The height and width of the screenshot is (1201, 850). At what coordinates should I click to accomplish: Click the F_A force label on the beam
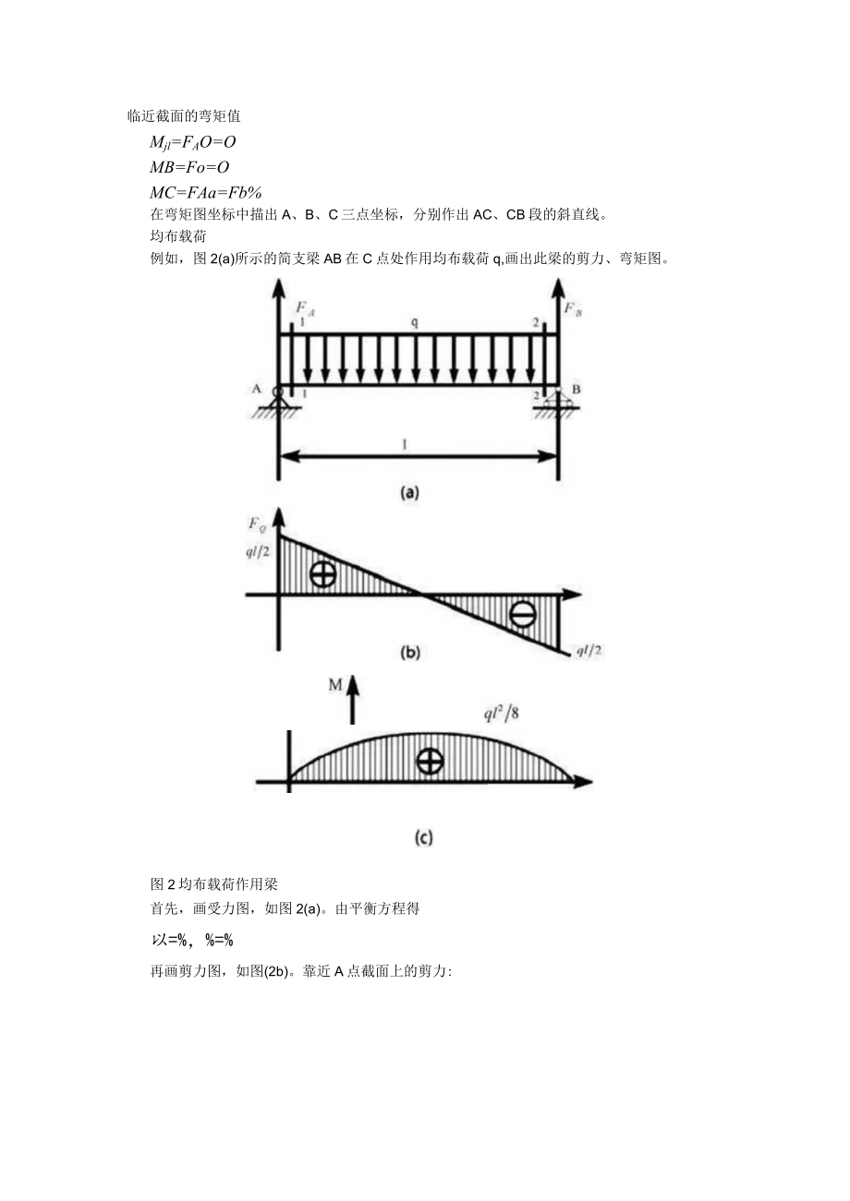pyautogui.click(x=305, y=311)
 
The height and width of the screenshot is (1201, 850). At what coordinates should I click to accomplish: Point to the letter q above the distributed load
pyautogui.click(x=415, y=323)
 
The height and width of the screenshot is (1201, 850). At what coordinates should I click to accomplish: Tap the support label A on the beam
pyautogui.click(x=257, y=389)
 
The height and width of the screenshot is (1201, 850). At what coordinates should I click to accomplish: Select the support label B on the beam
pyautogui.click(x=577, y=389)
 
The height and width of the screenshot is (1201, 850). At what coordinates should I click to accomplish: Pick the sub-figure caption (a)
pyautogui.click(x=409, y=492)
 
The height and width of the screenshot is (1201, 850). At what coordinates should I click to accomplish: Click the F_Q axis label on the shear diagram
pyautogui.click(x=257, y=524)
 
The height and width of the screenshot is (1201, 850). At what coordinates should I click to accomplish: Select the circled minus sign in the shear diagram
pyautogui.click(x=522, y=614)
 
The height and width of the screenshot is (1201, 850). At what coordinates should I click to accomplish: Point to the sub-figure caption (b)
pyautogui.click(x=409, y=652)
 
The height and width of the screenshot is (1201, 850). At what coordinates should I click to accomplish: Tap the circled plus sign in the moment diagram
pyautogui.click(x=430, y=761)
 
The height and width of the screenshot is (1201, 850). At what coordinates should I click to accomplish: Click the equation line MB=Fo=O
pyautogui.click(x=188, y=167)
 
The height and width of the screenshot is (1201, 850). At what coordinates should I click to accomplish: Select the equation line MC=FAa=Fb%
pyautogui.click(x=206, y=192)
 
